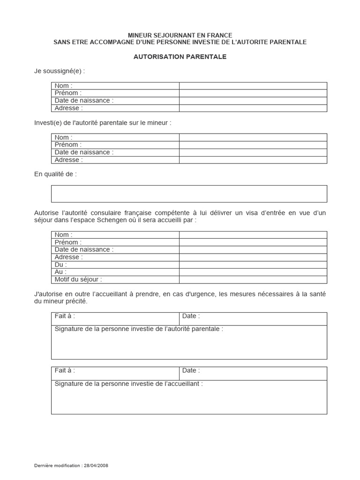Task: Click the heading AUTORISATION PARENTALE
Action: click(180, 57)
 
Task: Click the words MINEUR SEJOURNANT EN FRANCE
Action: click(180, 36)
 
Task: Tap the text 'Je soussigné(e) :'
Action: click(60, 71)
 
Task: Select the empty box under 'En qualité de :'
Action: click(189, 194)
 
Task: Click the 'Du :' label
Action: click(61, 264)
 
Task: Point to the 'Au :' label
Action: click(60, 272)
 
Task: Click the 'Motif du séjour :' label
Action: click(78, 279)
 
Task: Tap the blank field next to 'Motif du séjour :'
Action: click(253, 279)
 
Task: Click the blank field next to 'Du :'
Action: click(253, 264)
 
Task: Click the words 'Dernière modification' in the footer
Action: click(56, 465)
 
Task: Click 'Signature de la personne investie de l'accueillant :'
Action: click(129, 384)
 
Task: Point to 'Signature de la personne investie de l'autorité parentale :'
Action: click(139, 329)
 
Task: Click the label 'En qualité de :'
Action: click(55, 174)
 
